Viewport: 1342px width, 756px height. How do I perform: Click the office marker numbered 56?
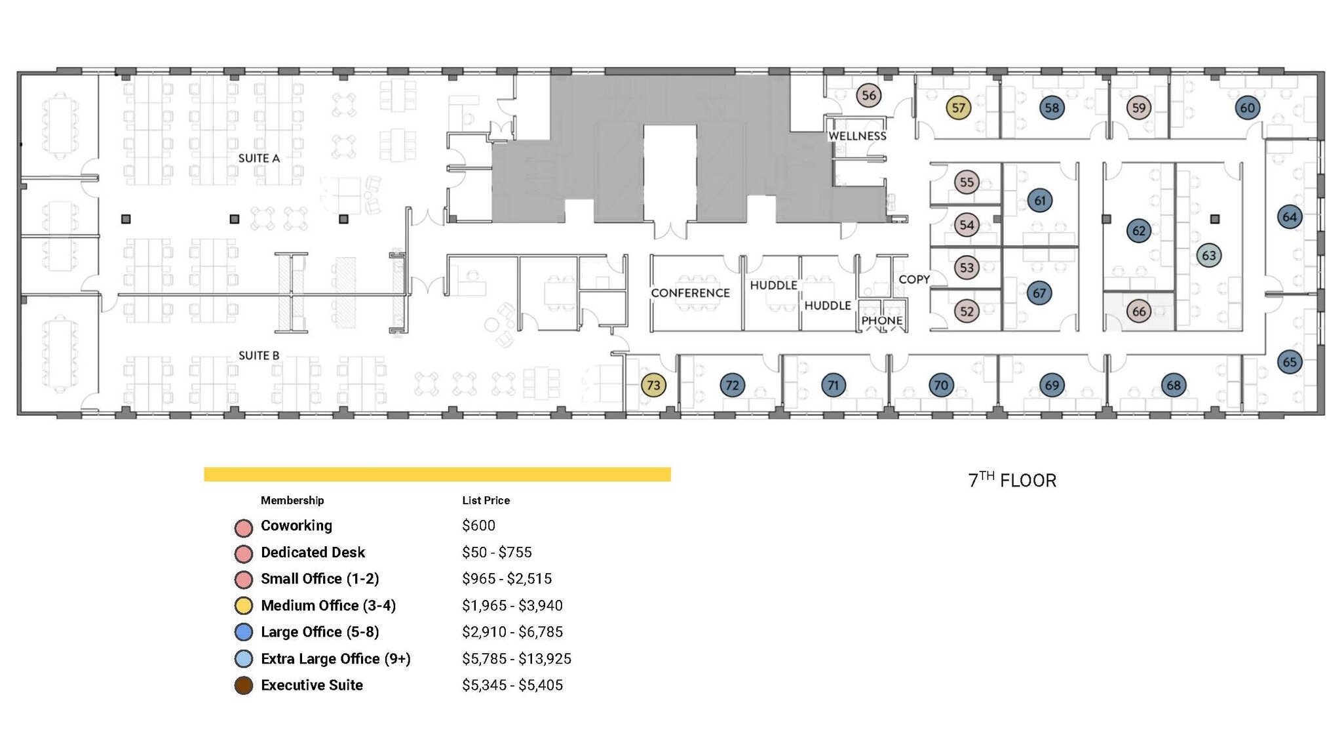tap(868, 96)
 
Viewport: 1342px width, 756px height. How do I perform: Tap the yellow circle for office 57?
tap(958, 108)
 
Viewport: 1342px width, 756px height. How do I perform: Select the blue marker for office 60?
tap(1247, 108)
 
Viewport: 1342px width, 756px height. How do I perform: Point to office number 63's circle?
tap(1209, 256)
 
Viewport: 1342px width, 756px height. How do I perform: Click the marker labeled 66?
tap(1139, 311)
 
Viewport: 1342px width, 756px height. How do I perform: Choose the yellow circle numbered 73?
tap(653, 386)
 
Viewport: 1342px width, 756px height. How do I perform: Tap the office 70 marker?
tap(941, 386)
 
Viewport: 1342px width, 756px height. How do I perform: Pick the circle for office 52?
tap(967, 311)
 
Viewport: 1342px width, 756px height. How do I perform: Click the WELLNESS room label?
tap(857, 136)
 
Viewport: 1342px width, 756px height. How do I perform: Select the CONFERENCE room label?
tap(690, 293)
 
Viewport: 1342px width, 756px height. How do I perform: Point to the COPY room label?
tap(914, 279)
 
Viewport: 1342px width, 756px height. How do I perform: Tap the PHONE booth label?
tap(881, 321)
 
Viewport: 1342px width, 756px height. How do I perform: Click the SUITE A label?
tap(259, 158)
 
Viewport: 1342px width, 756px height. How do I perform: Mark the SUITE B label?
tap(259, 355)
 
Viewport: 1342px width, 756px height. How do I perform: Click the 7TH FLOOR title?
tap(1012, 480)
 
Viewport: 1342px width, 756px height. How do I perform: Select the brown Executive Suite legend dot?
tap(244, 686)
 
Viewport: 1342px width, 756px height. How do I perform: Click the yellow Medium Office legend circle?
tap(244, 606)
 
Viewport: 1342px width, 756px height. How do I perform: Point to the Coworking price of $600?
tap(478, 526)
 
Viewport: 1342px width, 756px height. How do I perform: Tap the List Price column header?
tap(486, 500)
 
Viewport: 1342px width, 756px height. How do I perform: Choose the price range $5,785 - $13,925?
tap(516, 658)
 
